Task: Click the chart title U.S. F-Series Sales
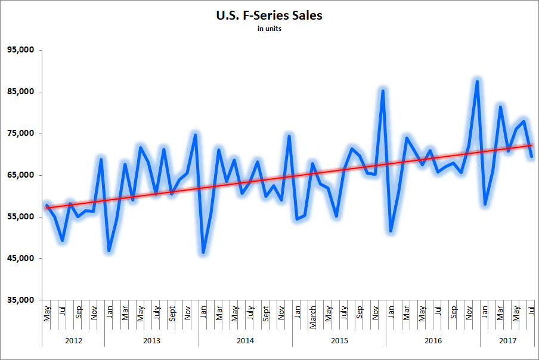coord(269,15)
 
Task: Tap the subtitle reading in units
coord(269,29)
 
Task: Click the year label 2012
coord(73,341)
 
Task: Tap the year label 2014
coord(245,341)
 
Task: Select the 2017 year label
coord(507,341)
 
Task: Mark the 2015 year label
coord(339,341)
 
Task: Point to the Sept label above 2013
coord(172,314)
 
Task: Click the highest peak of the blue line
coord(477,81)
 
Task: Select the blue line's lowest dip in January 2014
coord(203,252)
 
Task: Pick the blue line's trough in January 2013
coord(109,250)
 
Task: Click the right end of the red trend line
coord(531,145)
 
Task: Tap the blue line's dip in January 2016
coord(391,231)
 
